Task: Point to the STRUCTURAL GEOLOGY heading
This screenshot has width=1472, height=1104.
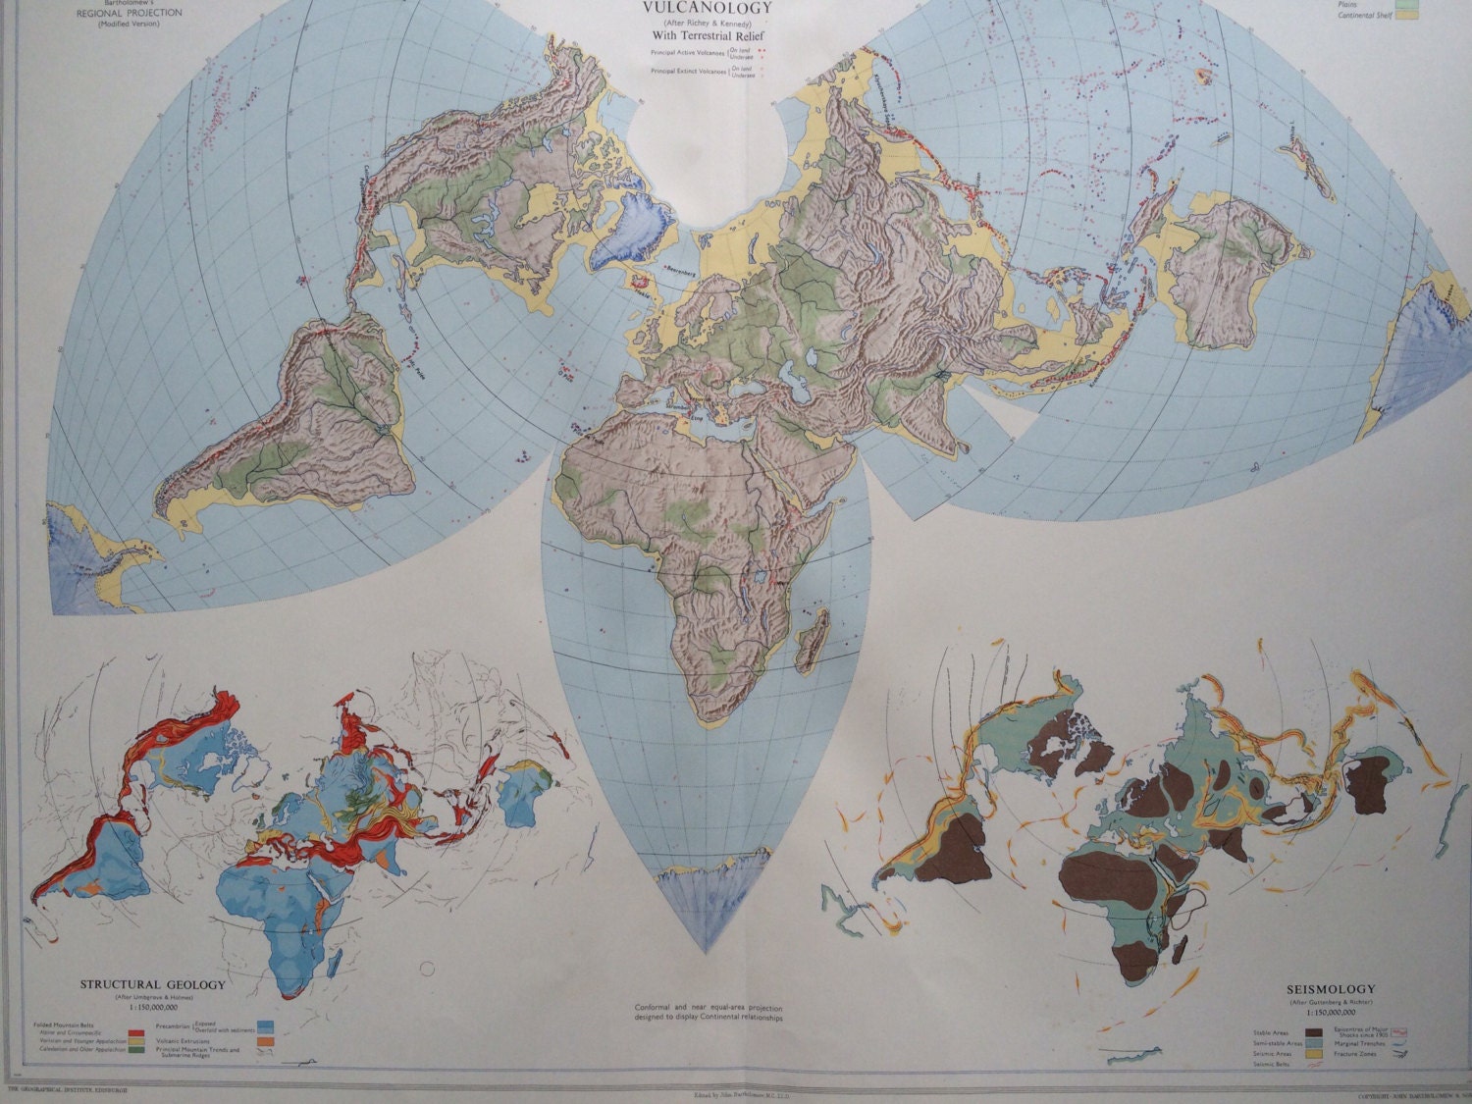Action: click(152, 984)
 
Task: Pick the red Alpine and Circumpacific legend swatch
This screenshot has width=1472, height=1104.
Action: click(138, 1031)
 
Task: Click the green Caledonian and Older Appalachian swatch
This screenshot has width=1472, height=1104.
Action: click(138, 1050)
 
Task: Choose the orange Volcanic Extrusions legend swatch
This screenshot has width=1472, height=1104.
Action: click(264, 1039)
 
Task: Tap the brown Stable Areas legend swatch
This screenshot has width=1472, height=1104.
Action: click(1311, 1033)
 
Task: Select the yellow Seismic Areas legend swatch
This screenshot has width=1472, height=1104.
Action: click(1311, 1055)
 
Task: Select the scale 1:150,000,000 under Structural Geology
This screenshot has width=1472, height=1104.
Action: click(152, 1006)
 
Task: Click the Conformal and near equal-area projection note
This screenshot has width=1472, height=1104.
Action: click(710, 1013)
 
